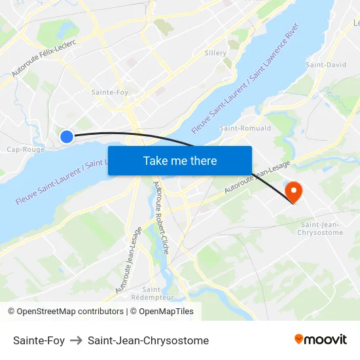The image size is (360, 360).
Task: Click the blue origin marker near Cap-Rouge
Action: click(67, 136)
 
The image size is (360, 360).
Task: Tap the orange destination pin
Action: click(293, 191)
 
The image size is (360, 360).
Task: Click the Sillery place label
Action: click(215, 53)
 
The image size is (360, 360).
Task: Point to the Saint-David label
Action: click(326, 65)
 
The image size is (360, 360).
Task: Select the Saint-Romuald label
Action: click(245, 128)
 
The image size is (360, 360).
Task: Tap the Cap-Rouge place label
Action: click(26, 149)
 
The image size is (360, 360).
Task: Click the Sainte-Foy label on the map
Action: click(110, 92)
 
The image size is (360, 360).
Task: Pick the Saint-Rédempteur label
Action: click(147, 293)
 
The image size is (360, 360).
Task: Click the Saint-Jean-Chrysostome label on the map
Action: click(320, 229)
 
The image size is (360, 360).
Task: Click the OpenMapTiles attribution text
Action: click(166, 312)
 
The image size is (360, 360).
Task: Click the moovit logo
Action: click(320, 339)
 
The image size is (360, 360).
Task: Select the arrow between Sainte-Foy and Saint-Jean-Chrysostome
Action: click(76, 340)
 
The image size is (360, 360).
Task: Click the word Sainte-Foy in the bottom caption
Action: click(39, 340)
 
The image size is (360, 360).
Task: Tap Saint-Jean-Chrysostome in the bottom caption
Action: click(148, 340)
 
